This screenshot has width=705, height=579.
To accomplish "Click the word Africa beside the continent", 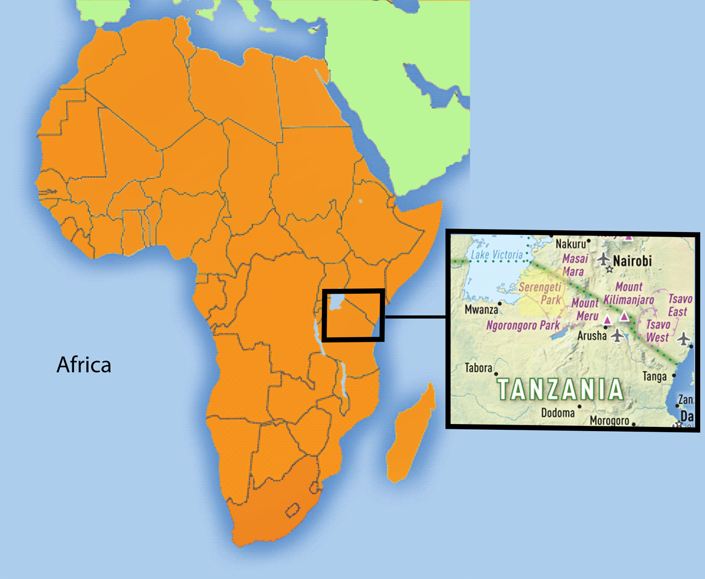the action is click(x=83, y=365).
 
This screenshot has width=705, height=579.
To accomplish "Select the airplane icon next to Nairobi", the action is click(x=604, y=258).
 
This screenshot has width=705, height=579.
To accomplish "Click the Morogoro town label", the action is click(x=609, y=422).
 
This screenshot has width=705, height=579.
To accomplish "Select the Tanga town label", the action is click(x=655, y=376).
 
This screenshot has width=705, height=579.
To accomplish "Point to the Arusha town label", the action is click(x=589, y=337).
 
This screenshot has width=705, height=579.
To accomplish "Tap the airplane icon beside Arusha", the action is click(x=617, y=335).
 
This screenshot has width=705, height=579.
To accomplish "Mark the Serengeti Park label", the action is click(x=541, y=293).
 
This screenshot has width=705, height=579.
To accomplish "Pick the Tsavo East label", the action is click(x=680, y=305).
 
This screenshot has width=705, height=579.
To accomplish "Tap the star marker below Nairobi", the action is click(x=610, y=270).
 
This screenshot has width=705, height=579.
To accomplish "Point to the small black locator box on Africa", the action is click(x=354, y=315).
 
